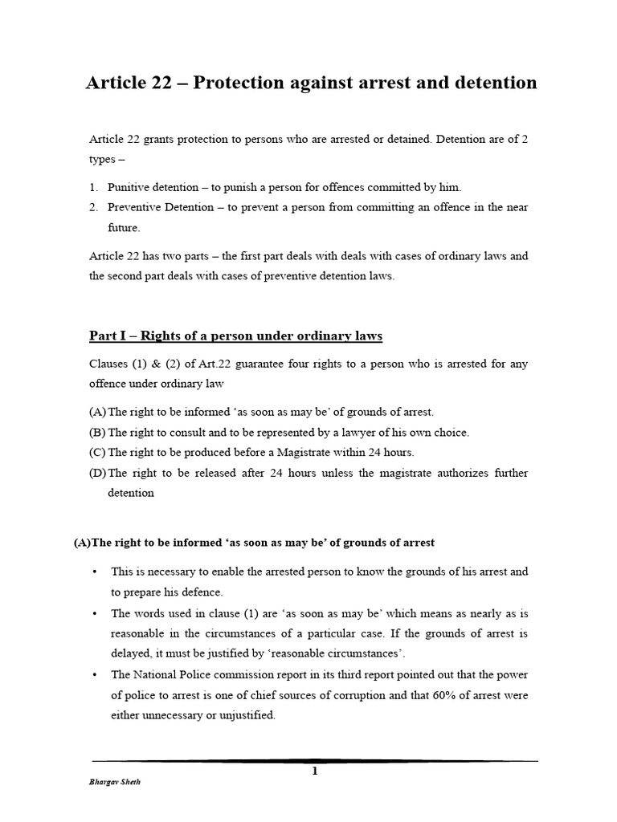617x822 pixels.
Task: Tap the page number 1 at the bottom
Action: pos(315,771)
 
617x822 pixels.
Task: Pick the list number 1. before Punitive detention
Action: pos(93,187)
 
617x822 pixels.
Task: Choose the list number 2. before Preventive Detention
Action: pos(93,207)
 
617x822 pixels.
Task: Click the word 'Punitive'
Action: pos(129,187)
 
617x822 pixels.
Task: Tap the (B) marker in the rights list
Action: pos(97,432)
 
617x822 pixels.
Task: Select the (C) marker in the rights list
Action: pos(97,452)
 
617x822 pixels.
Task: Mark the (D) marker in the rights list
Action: pos(97,473)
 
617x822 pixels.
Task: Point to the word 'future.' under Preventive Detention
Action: pos(124,227)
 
